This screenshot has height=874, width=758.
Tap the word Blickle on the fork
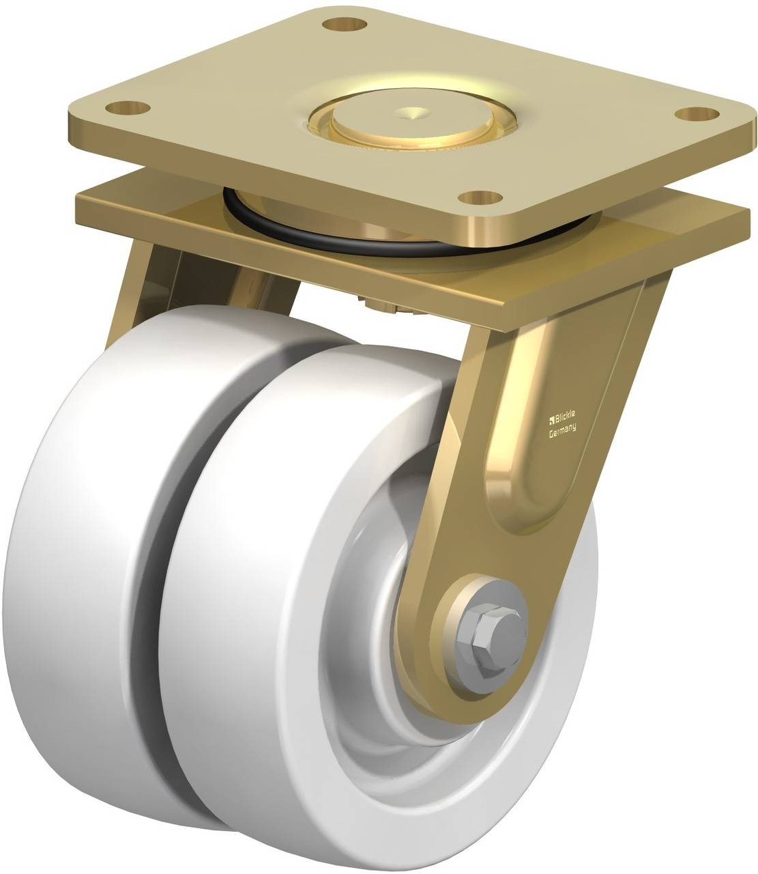pos(565,414)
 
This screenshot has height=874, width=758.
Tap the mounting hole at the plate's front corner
pos(481,198)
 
